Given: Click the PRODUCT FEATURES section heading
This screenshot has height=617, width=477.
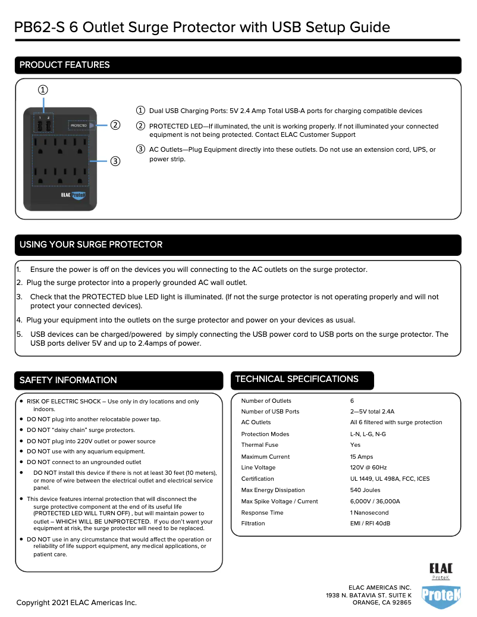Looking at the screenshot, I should point(65,65).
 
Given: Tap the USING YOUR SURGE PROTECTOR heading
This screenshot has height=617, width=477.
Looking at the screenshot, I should point(91,245).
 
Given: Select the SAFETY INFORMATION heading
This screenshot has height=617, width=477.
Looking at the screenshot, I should point(68,380).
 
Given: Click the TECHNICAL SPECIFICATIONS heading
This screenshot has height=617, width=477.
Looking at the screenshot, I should point(297,379).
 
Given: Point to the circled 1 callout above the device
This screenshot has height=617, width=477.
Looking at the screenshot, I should point(43,90).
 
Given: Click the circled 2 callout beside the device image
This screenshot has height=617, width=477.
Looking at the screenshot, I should point(115,125).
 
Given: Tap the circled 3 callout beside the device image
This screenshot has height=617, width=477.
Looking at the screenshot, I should point(115,161).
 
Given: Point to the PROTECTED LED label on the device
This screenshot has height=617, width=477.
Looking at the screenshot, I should point(79,126).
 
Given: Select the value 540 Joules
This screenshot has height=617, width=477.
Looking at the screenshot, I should point(365,490).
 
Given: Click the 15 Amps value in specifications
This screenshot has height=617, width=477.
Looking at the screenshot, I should point(362,457).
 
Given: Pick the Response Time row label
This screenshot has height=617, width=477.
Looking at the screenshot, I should point(262,513).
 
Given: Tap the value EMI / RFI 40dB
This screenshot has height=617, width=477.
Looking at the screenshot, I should point(370,524).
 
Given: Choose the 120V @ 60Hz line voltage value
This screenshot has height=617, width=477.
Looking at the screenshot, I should point(368,468).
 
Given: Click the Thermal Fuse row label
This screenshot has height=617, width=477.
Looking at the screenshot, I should point(259,445).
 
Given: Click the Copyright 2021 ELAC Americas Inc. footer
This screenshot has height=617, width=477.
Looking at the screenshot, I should point(77,603).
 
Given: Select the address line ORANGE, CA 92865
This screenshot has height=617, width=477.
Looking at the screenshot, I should point(382,603).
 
